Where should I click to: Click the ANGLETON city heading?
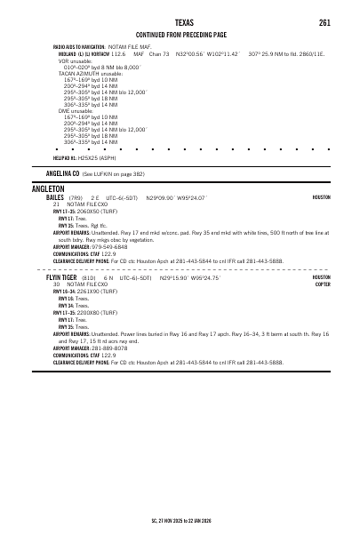tap(48, 189)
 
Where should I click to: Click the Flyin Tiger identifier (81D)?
tap(92, 277)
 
